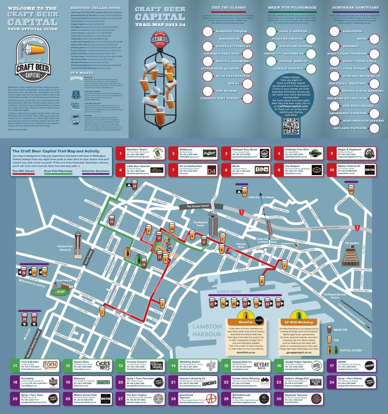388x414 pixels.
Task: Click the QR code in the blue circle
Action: tap(291, 126)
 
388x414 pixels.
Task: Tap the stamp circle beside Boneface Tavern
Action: tap(208, 31)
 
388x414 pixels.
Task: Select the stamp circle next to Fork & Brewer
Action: tap(271, 31)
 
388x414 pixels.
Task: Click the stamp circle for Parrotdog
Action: tap(334, 31)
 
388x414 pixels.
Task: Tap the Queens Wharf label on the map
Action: tap(229, 291)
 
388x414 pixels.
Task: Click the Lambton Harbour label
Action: tap(207, 330)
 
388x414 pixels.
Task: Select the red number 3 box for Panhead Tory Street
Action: tap(226, 153)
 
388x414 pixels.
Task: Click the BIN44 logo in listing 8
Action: tap(262, 170)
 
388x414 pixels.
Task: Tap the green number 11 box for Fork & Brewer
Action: tap(15, 366)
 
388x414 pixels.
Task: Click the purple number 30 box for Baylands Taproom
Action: tap(279, 399)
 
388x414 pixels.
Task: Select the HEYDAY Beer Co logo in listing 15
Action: tap(261, 365)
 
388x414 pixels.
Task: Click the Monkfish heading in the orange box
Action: tap(246, 322)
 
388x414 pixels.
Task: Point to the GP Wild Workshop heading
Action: tap(299, 322)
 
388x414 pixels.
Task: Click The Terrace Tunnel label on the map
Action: tap(198, 206)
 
